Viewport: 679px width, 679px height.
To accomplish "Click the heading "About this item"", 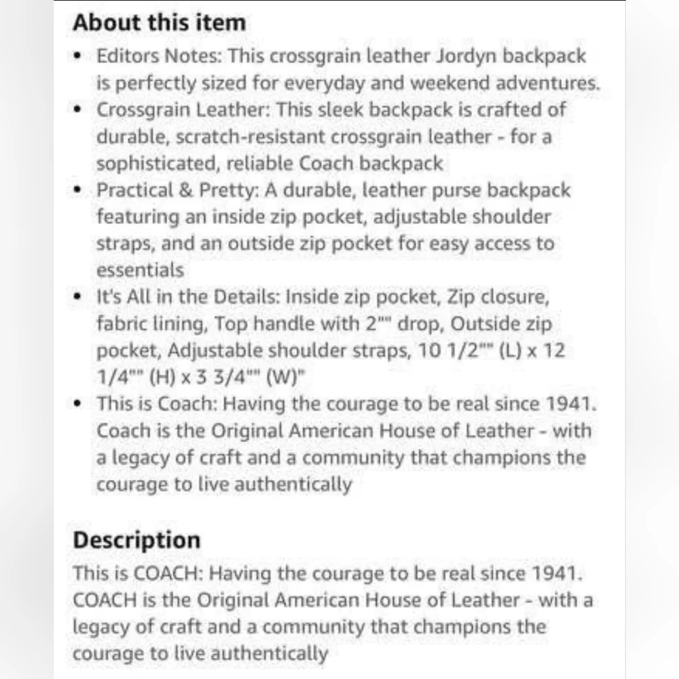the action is pyautogui.click(x=159, y=22).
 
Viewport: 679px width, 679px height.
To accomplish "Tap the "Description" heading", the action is pyautogui.click(x=136, y=540).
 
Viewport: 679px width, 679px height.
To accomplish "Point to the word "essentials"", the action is pyautogui.click(x=140, y=270).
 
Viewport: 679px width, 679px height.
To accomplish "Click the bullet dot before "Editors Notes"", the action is pyautogui.click(x=80, y=56).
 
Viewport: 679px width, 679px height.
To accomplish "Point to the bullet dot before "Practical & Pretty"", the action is pyautogui.click(x=80, y=190).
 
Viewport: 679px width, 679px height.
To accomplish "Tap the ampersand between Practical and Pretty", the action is pyautogui.click(x=185, y=190).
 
